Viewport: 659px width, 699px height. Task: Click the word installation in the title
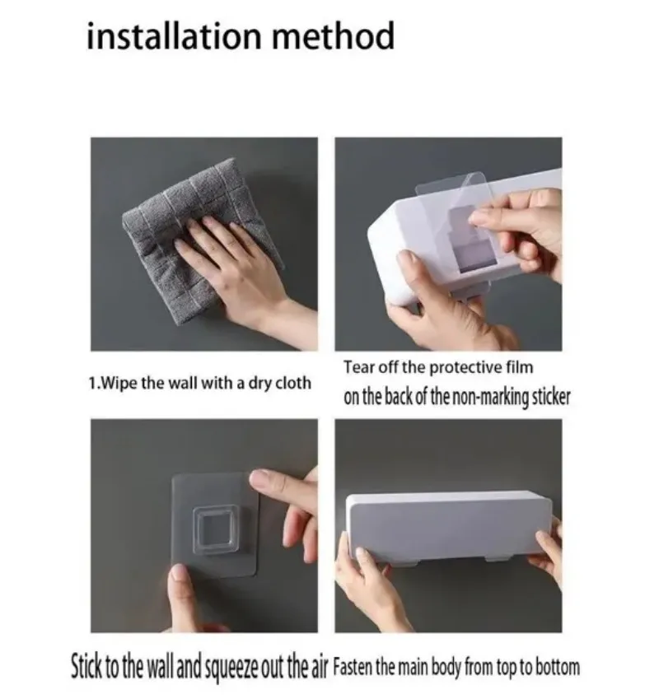174,35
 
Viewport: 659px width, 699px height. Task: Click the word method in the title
333,35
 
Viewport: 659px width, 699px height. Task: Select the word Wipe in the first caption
117,384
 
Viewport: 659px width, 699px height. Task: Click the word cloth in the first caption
292,383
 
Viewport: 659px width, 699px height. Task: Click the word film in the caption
520,367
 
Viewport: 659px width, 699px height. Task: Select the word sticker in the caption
550,397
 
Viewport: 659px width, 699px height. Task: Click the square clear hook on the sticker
216,529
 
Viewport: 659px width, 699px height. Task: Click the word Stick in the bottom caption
87,666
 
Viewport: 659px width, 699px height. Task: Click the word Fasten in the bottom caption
353,667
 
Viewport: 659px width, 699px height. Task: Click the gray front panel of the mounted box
451,530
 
